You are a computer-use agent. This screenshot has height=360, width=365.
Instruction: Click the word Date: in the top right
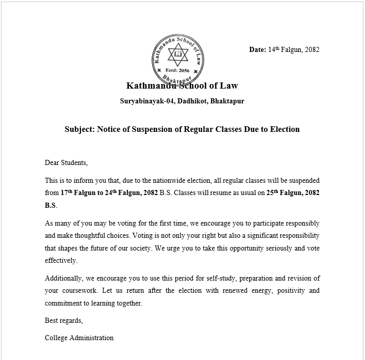pos(257,50)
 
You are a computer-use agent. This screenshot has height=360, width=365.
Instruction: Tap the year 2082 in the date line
pos(311,50)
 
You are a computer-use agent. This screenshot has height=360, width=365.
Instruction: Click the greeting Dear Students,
pos(66,163)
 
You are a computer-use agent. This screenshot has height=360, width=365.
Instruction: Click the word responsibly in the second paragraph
pos(301,224)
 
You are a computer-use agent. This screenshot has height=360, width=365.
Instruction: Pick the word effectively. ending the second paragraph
pos(61,261)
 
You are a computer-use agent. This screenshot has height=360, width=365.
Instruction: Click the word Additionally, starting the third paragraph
pos(64,279)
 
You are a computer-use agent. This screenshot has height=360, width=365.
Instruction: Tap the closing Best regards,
pos(64,321)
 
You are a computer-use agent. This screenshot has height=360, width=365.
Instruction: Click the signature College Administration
pos(79,338)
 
